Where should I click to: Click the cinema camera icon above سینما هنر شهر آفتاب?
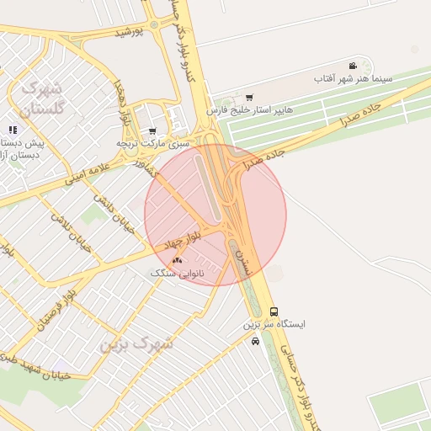(x=352, y=66)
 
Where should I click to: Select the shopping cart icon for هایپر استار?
(x=249, y=97)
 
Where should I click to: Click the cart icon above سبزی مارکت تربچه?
(x=152, y=130)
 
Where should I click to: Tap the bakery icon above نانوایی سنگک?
(x=177, y=261)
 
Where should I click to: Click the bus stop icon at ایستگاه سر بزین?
(x=273, y=311)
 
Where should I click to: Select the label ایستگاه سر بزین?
(x=274, y=324)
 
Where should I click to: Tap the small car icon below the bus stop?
(x=255, y=341)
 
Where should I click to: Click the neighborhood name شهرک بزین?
(x=136, y=343)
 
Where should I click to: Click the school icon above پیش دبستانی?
(x=12, y=130)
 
